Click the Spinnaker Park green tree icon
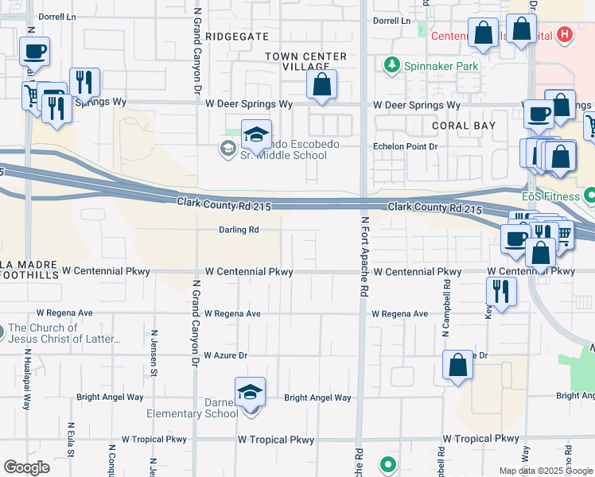(391, 66)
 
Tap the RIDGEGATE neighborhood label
(238, 37)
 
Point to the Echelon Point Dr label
(406, 146)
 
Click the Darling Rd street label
(239, 230)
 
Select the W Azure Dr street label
(226, 355)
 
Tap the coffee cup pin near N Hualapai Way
(34, 52)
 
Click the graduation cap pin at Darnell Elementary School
(250, 392)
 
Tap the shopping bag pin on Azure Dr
(458, 365)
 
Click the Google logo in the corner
(26, 467)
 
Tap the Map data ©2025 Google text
(546, 471)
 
